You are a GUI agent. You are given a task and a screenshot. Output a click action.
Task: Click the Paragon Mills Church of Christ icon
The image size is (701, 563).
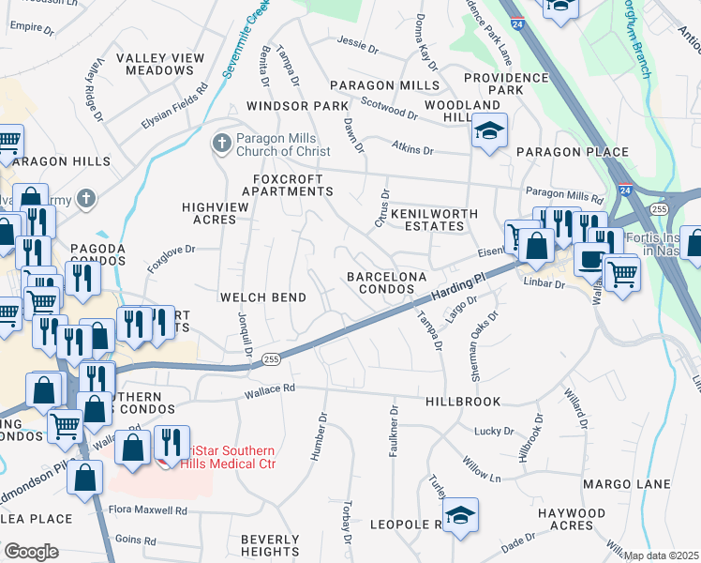click(221, 144)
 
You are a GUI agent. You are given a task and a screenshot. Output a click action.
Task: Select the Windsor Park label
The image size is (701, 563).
click(297, 106)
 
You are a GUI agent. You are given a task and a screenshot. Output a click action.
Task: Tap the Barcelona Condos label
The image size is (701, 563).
click(387, 283)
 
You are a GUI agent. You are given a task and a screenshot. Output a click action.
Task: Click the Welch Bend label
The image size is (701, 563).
click(262, 297)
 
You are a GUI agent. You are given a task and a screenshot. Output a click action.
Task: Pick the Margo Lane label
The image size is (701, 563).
click(627, 484)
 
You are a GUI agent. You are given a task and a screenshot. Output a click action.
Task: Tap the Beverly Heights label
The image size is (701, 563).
click(270, 546)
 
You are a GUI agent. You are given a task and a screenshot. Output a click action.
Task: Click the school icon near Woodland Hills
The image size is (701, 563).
click(489, 132)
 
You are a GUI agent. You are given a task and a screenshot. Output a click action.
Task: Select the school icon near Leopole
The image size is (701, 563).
click(460, 516)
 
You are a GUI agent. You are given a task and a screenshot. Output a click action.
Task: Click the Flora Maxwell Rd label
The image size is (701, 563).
click(147, 511)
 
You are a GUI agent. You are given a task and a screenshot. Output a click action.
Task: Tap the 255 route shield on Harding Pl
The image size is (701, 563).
click(271, 358)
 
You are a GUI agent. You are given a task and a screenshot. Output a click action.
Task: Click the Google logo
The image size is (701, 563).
click(31, 552)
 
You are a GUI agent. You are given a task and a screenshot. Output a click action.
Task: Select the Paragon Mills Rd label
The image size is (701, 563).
click(564, 193)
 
